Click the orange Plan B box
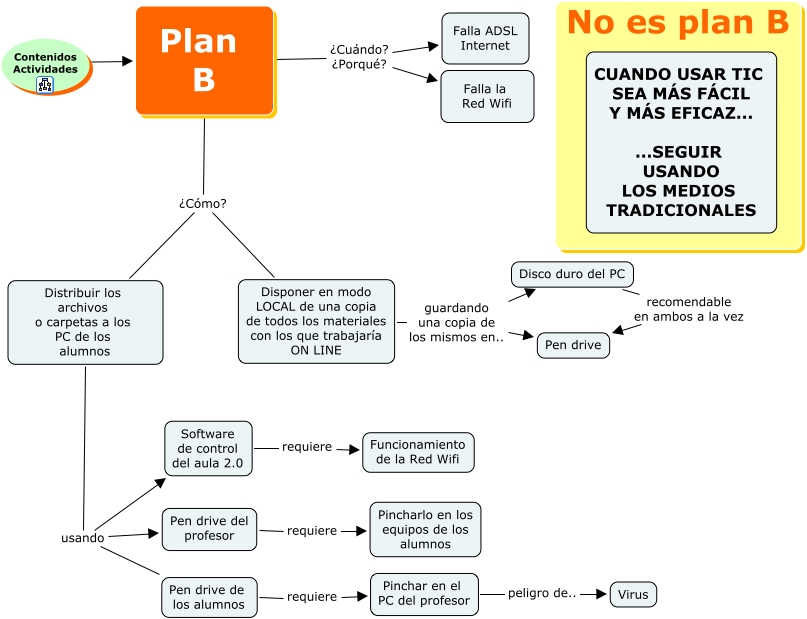[204, 60]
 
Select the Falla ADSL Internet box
[485, 38]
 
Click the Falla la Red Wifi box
[487, 96]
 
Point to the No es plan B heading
[678, 22]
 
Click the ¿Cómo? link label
[203, 203]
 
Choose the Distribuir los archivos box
[85, 322]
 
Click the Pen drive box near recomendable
[573, 345]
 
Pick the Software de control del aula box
[208, 449]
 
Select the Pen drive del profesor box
[209, 528]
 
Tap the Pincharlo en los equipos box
[425, 529]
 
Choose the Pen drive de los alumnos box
[208, 597]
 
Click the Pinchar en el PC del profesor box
[424, 593]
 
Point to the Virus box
[632, 594]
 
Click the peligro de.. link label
[542, 594]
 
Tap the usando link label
[82, 538]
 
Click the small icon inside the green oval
[45, 84]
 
